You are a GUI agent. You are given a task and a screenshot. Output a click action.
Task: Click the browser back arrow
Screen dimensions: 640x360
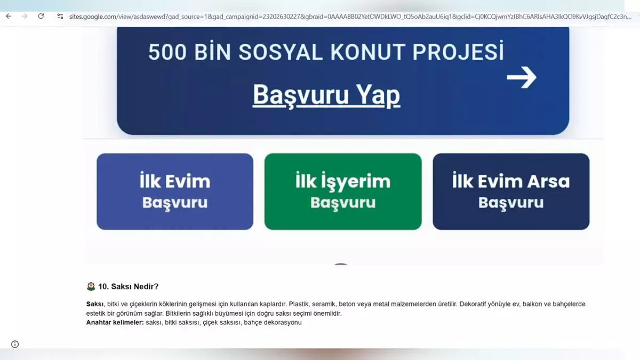[x=9, y=17]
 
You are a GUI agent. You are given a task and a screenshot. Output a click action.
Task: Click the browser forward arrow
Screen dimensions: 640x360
[x=25, y=17]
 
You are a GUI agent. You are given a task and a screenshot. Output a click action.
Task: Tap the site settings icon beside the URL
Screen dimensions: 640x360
[x=60, y=17]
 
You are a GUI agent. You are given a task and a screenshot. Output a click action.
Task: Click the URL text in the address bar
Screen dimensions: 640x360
[x=350, y=17]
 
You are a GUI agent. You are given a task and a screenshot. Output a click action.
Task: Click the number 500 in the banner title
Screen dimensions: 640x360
[x=167, y=52]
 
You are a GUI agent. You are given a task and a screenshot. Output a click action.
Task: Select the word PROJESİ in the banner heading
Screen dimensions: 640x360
[x=458, y=51]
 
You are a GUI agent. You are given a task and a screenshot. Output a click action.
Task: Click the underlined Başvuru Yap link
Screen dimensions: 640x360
[x=326, y=95]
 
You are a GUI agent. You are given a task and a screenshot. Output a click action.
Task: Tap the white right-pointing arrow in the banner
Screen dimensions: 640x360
[x=522, y=77]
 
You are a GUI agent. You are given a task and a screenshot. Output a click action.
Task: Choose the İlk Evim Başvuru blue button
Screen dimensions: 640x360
[x=175, y=191]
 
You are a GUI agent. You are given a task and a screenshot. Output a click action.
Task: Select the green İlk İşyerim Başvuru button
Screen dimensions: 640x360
[x=343, y=191]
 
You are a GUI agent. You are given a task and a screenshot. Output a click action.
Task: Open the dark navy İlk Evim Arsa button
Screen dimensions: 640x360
[x=511, y=191]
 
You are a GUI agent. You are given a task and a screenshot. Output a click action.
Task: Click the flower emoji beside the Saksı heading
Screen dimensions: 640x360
[x=91, y=286]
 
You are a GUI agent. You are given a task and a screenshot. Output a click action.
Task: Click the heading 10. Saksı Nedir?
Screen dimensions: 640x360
[x=129, y=286]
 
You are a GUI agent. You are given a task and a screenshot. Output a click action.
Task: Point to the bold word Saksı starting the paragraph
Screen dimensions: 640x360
[x=95, y=304]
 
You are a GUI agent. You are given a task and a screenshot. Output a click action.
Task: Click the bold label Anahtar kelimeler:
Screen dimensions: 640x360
[x=115, y=323]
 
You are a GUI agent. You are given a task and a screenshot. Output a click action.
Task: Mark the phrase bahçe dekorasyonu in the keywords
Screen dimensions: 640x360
[x=273, y=323]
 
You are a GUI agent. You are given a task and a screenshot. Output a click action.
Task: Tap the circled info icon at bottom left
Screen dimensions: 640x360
[x=15, y=345]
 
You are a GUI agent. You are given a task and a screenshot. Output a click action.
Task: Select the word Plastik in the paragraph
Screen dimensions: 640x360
[x=299, y=304]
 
